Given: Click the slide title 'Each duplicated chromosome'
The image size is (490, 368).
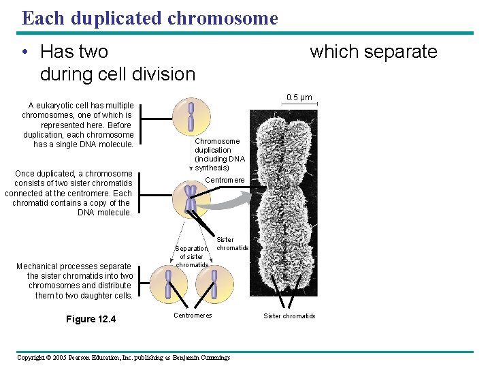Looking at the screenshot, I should tap(150, 18).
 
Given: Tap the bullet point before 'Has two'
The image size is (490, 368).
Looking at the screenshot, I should tap(24, 52).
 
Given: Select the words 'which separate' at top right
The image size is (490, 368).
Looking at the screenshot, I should tap(373, 52).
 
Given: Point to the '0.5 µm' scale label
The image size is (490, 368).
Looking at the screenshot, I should tap(299, 97).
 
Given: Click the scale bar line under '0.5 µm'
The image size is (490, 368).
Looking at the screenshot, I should tap(299, 104).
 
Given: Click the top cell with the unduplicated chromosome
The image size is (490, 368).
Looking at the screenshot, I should tap(191, 117).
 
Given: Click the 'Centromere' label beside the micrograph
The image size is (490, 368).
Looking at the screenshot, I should tap(225, 180).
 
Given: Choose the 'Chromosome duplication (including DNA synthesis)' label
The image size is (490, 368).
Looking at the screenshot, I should tap(219, 154).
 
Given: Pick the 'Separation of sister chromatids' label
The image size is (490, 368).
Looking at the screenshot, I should tap(191, 257).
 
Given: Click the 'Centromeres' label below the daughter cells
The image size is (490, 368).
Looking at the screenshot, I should tap(193, 316).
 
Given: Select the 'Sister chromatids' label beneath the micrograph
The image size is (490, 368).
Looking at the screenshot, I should tap(289, 316).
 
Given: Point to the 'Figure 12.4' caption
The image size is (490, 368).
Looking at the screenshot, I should tap(91, 319).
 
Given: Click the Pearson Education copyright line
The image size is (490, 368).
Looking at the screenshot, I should tap(123, 357).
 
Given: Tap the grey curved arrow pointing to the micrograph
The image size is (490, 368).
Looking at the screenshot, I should tap(228, 198).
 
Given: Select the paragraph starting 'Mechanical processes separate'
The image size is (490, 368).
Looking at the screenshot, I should tap(74, 281).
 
